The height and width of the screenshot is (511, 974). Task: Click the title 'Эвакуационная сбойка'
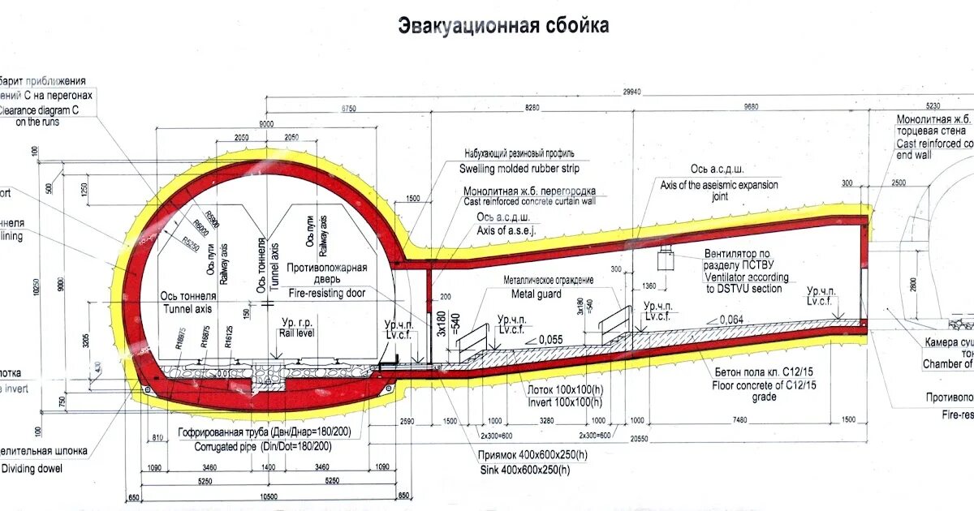503,26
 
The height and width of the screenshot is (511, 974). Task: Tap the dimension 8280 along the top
532,106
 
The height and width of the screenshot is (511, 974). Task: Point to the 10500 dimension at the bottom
268,496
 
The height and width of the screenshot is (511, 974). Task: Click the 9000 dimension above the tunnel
265,123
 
